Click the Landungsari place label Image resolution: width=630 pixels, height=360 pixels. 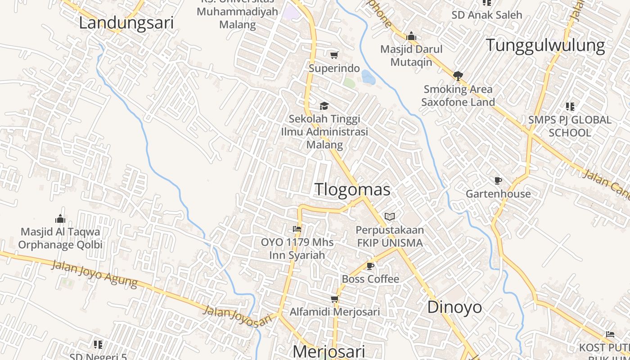pyautogui.click(x=126, y=23)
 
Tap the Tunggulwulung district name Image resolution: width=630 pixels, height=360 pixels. pyautogui.click(x=545, y=45)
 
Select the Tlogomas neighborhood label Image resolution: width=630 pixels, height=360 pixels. pyautogui.click(x=352, y=189)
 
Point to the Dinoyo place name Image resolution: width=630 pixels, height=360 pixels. pyautogui.click(x=454, y=307)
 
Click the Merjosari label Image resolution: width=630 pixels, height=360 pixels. pyautogui.click(x=328, y=351)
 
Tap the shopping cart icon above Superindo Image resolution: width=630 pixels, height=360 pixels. pyautogui.click(x=334, y=55)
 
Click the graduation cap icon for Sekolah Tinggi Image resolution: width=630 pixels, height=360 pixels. pyautogui.click(x=324, y=106)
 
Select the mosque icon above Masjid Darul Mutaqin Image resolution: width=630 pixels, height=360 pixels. pyautogui.click(x=411, y=36)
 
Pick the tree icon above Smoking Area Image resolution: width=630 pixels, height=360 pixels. pyautogui.click(x=458, y=76)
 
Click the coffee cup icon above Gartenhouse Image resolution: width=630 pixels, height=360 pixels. pyautogui.click(x=498, y=181)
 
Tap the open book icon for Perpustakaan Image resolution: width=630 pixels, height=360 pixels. pyautogui.click(x=390, y=217)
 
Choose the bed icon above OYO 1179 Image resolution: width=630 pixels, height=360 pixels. pyautogui.click(x=297, y=229)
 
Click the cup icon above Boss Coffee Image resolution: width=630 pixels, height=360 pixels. pyautogui.click(x=370, y=266)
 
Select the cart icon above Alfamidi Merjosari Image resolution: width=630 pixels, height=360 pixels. pyautogui.click(x=334, y=299)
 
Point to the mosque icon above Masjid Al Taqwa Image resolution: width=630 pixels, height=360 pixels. pyautogui.click(x=60, y=219)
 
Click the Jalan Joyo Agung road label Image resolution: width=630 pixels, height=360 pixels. pyautogui.click(x=94, y=273)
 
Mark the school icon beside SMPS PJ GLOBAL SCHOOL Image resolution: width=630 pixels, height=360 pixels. pyautogui.click(x=570, y=107)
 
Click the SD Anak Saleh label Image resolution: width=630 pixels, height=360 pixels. pyautogui.click(x=487, y=15)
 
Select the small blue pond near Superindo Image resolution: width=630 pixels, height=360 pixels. pyautogui.click(x=368, y=77)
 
